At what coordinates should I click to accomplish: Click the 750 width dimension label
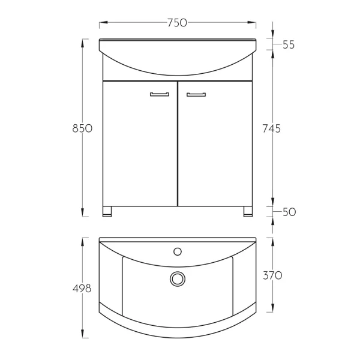[177, 23]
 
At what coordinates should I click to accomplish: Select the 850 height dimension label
[82, 128]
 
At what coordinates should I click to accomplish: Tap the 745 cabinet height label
[272, 128]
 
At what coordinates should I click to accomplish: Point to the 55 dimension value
[289, 44]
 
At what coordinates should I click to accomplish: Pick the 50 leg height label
[289, 212]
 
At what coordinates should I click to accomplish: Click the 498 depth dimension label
[82, 289]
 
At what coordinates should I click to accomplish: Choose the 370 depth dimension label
[272, 275]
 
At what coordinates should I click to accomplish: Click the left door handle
[160, 94]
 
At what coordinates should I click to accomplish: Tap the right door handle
[196, 94]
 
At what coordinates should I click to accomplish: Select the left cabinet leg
[107, 211]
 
